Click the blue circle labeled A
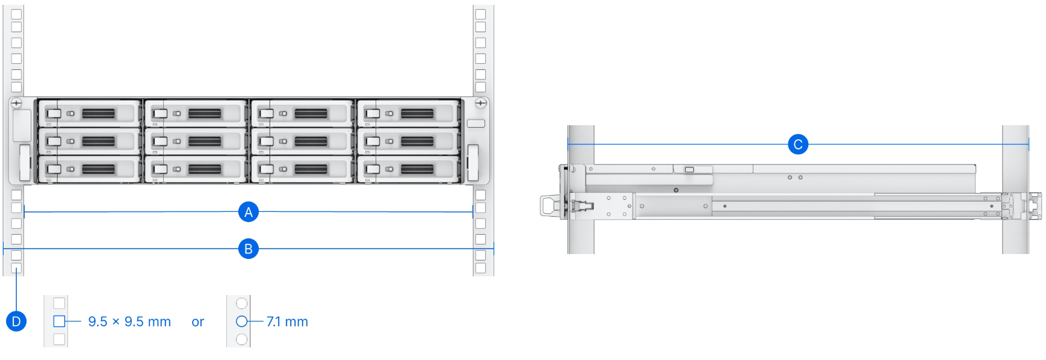[248, 212]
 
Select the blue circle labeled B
[248, 249]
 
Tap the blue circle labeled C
[797, 144]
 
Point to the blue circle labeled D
[16, 321]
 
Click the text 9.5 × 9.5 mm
[129, 321]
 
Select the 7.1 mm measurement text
[287, 321]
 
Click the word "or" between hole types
[198, 322]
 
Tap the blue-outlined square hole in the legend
[59, 321]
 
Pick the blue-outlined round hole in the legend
[241, 321]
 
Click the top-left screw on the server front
[17, 104]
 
